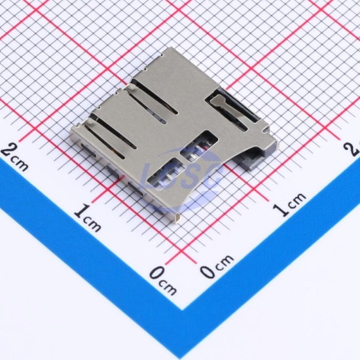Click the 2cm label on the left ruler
15,157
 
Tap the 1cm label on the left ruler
88,218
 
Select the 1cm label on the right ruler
289,204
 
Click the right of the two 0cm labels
217,266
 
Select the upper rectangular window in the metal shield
199,144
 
